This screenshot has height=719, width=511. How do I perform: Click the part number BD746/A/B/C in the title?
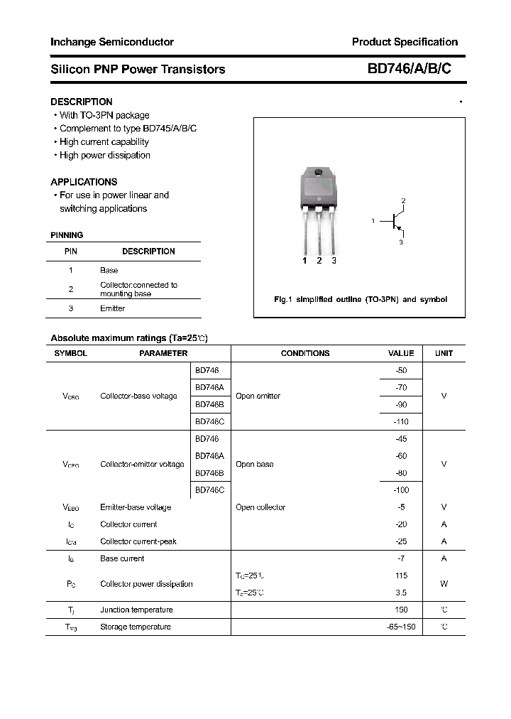[x=408, y=69]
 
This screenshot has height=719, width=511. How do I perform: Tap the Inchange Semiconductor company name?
[x=111, y=42]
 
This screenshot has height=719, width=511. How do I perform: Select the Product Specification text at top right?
[x=405, y=42]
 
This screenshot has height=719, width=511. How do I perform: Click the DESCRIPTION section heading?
[x=81, y=102]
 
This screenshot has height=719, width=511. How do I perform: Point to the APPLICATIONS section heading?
[x=84, y=182]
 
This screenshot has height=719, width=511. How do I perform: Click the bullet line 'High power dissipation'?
[x=104, y=155]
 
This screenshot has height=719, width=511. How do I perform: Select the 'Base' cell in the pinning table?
[x=109, y=270]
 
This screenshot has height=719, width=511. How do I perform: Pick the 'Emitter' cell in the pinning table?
[x=112, y=308]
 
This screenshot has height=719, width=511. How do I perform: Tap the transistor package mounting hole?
[x=319, y=173]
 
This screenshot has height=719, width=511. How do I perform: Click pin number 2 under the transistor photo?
[x=319, y=261]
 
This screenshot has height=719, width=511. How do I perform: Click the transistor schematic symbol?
[x=392, y=222]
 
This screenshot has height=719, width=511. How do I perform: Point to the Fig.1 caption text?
[x=360, y=300]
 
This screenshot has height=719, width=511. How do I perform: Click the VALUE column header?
[x=401, y=353]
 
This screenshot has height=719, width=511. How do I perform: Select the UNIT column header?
[x=444, y=353]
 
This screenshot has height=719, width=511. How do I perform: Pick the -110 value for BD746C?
[x=401, y=421]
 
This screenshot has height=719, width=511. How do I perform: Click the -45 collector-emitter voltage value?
[x=401, y=439]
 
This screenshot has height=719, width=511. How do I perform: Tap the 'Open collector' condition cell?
[x=260, y=507]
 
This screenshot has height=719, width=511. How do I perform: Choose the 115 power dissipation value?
[x=401, y=575]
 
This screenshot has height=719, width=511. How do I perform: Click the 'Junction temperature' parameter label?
[x=136, y=610]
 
